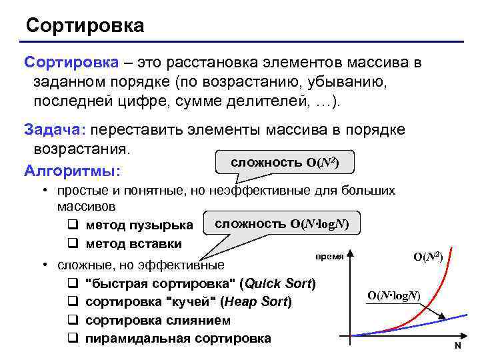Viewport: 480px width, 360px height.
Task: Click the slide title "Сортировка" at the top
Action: point(85,26)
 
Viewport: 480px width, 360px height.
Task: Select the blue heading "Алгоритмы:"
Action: point(72,171)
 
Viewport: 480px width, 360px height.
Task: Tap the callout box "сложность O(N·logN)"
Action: point(285,223)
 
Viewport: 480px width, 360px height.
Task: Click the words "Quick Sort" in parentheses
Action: point(277,283)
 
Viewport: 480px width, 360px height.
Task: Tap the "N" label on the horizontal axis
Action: point(458,346)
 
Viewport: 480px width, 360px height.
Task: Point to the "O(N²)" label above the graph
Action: point(428,256)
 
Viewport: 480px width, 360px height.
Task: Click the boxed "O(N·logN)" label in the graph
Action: point(394,295)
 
